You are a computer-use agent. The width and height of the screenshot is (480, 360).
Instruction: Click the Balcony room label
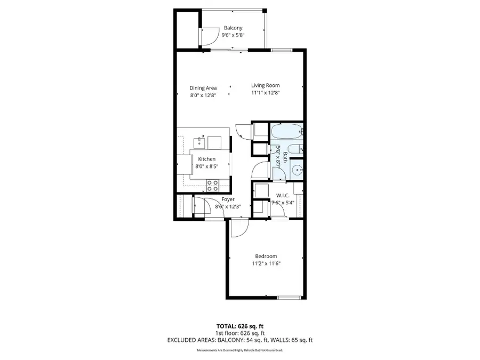(233, 28)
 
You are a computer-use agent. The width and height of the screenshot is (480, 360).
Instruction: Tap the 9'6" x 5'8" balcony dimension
(233, 35)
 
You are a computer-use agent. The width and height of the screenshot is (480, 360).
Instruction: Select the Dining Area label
(203, 88)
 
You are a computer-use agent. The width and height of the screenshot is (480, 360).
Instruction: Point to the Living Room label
(266, 85)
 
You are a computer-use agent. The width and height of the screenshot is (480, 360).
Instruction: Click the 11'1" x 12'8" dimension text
(266, 93)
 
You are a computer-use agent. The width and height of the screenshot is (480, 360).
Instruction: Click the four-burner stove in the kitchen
(213, 186)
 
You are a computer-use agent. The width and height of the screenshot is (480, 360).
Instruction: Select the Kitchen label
(207, 159)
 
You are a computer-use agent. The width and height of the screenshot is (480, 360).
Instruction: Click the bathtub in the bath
(286, 131)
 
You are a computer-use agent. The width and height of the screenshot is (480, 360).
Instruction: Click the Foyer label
(228, 199)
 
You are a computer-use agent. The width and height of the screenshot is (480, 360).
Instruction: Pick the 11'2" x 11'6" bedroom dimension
(266, 263)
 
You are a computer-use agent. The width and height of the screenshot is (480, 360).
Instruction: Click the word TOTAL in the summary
(226, 325)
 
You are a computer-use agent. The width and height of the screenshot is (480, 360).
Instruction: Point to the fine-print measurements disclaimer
(239, 350)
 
